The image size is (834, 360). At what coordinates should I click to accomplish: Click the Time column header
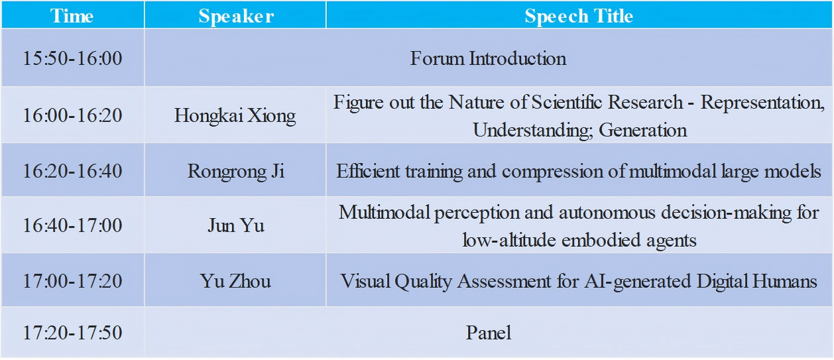(72, 16)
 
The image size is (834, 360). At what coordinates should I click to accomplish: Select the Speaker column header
(236, 17)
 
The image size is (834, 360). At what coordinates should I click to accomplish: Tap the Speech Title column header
(579, 17)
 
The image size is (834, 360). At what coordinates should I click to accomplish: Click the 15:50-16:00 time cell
(73, 58)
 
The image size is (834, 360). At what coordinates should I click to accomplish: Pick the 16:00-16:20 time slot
(73, 115)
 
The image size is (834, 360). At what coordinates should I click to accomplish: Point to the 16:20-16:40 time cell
(73, 171)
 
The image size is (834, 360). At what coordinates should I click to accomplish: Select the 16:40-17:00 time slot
(73, 225)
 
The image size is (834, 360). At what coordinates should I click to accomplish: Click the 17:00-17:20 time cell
(73, 280)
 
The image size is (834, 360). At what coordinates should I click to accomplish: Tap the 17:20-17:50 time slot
(73, 332)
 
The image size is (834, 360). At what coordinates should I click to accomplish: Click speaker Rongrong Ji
(235, 172)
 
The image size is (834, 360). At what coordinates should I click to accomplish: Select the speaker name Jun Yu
(236, 225)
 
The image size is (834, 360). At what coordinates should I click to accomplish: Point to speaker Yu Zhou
(235, 280)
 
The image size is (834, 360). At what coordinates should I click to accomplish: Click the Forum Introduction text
(488, 58)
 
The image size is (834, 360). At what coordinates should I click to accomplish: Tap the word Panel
(488, 332)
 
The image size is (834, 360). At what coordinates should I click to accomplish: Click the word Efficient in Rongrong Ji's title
(368, 171)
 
